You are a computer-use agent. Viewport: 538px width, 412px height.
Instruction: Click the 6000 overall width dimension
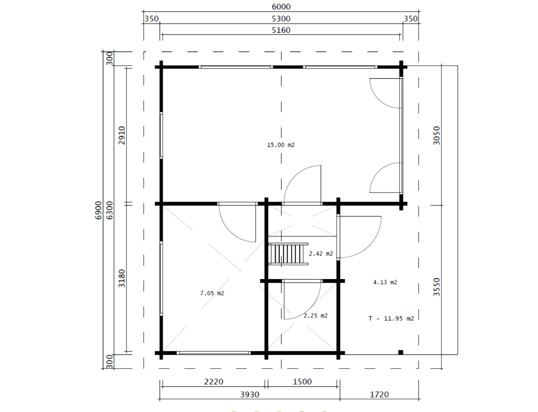tap(281, 7)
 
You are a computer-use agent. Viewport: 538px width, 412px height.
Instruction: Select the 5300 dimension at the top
tap(281, 19)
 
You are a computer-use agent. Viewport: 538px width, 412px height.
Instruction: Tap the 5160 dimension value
tap(281, 30)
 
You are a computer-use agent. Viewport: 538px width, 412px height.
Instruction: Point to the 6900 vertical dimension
tap(98, 211)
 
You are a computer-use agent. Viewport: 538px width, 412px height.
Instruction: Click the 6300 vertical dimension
tap(110, 211)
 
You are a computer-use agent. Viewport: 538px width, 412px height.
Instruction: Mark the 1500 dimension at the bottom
tap(302, 382)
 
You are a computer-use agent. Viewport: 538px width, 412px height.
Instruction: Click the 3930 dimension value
tap(249, 394)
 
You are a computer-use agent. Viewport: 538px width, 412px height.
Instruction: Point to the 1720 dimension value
tap(379, 394)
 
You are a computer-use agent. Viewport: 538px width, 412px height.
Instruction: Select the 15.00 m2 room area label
tap(280, 145)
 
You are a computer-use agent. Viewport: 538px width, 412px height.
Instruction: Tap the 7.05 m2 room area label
tap(212, 293)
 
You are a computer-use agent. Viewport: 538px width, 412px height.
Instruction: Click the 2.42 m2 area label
tap(320, 253)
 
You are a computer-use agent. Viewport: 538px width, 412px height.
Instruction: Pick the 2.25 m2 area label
tap(315, 316)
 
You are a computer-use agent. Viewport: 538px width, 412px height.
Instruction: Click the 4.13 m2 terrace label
tap(385, 282)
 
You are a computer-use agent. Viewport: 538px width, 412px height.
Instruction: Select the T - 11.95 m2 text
tap(391, 318)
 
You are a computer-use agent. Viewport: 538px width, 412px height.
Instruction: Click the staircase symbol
tap(288, 253)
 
